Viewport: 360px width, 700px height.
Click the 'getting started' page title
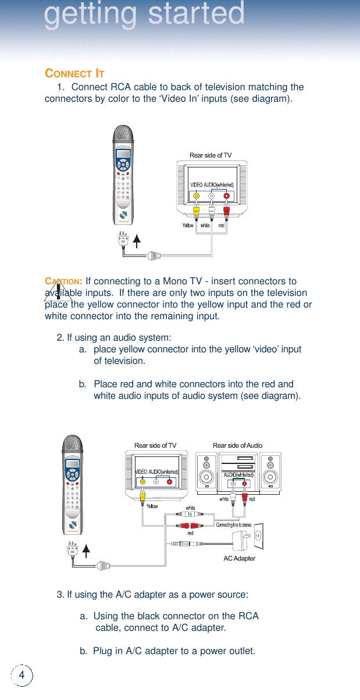(144, 15)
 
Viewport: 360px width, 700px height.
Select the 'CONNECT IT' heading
(74, 74)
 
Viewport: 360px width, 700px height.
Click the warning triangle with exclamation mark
(58, 291)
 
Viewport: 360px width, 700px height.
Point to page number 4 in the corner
(22, 674)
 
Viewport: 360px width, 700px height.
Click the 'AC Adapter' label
(239, 558)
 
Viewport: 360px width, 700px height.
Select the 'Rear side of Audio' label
(237, 445)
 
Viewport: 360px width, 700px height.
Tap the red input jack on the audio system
(245, 484)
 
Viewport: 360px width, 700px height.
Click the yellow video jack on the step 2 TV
(142, 481)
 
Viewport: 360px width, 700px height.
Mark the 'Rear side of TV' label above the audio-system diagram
(155, 445)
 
